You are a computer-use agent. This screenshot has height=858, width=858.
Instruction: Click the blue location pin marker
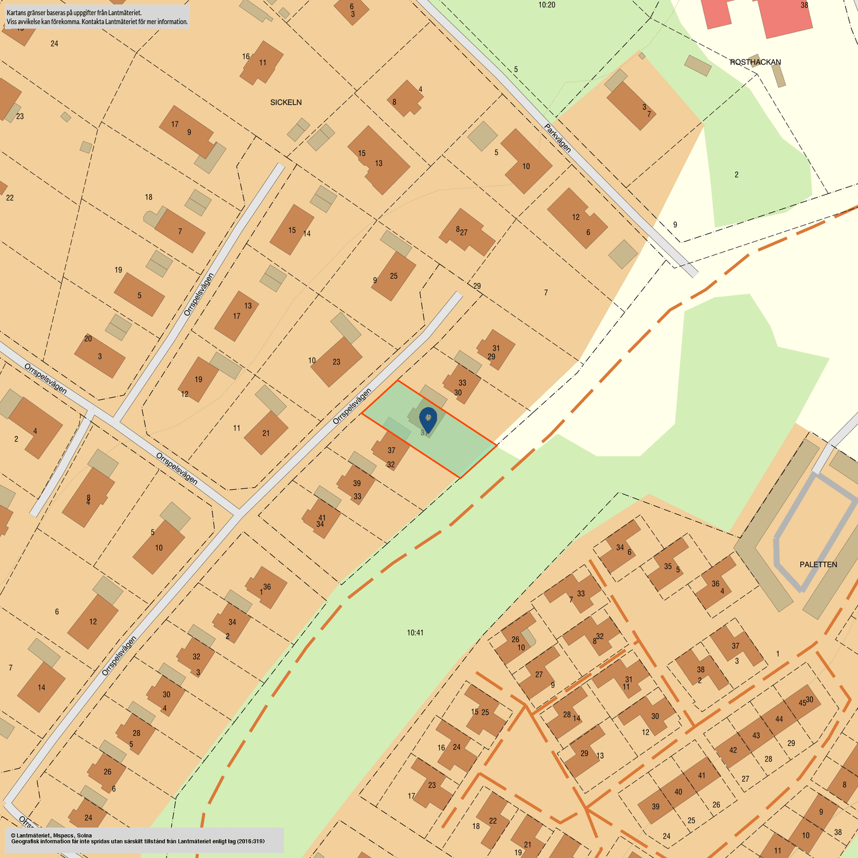click(428, 418)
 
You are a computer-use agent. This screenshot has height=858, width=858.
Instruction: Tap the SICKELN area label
click(285, 102)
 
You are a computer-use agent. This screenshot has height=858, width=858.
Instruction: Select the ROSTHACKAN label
click(755, 62)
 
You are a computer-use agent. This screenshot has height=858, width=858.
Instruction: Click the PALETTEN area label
click(818, 564)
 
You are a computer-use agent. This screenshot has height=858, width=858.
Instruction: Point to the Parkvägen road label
click(558, 138)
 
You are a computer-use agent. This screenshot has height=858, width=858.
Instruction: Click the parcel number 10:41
click(415, 633)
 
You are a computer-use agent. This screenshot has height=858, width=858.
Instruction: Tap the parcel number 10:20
click(547, 5)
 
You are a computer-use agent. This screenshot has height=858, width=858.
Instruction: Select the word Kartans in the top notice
click(17, 12)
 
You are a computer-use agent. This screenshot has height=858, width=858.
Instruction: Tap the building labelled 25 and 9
click(394, 276)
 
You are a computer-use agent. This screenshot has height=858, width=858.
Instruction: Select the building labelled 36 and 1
click(267, 588)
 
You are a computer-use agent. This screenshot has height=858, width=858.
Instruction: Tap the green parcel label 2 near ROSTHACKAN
click(736, 175)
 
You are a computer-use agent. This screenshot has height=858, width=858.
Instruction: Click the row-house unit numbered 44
click(778, 720)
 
